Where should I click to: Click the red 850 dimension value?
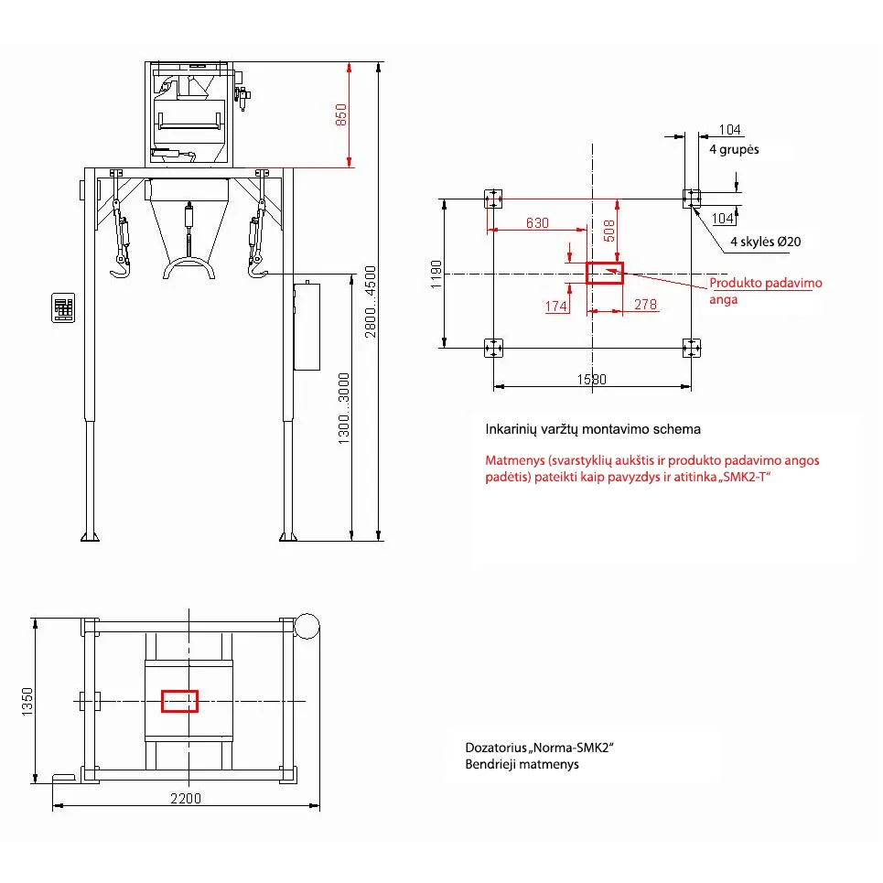pyautogui.click(x=341, y=115)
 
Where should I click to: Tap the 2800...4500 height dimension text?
pyautogui.click(x=370, y=302)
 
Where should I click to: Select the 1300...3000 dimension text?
pyautogui.click(x=343, y=408)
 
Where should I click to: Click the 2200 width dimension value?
pyautogui.click(x=186, y=798)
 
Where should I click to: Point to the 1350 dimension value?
pyautogui.click(x=27, y=702)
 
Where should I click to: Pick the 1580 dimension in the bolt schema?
pyautogui.click(x=592, y=380)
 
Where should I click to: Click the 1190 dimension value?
pyautogui.click(x=436, y=275)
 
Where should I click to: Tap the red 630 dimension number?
pyautogui.click(x=537, y=223)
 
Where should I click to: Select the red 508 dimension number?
pyautogui.click(x=609, y=231)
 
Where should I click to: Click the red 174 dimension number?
pyautogui.click(x=556, y=306)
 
